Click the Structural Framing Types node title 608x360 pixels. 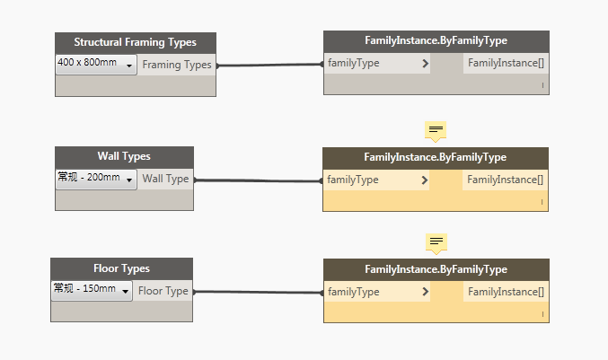point(135,42)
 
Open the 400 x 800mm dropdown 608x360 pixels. point(96,65)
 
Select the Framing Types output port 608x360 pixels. point(176,65)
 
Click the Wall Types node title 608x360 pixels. point(124,156)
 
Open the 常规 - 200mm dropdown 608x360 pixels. point(96,180)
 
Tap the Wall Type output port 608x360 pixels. point(165,179)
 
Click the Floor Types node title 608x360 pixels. point(121,268)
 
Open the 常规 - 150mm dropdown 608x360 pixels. point(92,291)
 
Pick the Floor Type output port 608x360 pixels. point(163,291)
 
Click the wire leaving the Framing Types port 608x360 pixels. point(270,66)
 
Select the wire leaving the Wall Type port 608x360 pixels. point(259,180)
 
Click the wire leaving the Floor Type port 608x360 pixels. point(259,292)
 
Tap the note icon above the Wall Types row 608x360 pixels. point(436,131)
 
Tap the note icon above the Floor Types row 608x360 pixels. point(436,244)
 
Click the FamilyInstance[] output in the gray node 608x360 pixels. point(506,63)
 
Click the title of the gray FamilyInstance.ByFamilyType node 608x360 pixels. point(436,40)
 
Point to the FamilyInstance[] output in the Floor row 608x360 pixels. point(506,292)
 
